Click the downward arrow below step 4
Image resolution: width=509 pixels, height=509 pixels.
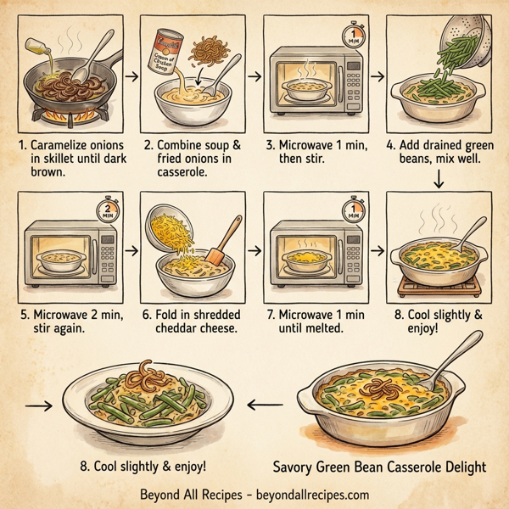(x=439, y=177)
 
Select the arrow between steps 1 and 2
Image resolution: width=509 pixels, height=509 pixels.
(x=131, y=76)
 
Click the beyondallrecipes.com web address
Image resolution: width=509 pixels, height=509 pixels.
(x=307, y=494)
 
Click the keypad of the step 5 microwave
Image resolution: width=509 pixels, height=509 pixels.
(x=104, y=250)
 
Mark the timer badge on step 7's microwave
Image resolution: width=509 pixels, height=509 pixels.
(x=350, y=208)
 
